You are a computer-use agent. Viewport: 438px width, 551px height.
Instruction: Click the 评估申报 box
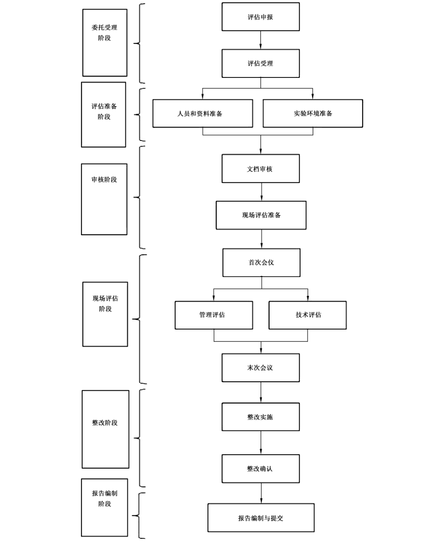click(x=261, y=17)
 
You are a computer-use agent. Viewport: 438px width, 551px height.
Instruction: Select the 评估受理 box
click(x=261, y=63)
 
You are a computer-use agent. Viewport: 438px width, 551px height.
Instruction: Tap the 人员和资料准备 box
click(x=203, y=113)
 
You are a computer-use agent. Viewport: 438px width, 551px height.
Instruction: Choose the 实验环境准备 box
click(x=313, y=113)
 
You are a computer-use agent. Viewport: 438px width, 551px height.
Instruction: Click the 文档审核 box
click(x=261, y=168)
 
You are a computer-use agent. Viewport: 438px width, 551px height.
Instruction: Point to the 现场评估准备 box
click(x=261, y=215)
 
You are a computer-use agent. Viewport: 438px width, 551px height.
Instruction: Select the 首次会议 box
click(x=261, y=263)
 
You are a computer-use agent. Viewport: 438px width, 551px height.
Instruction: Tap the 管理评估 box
click(x=214, y=315)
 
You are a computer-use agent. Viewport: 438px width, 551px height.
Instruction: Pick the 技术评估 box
click(x=308, y=315)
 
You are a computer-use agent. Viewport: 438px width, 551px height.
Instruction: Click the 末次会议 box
click(x=261, y=368)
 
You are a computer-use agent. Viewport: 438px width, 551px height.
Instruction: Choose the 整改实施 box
click(x=261, y=417)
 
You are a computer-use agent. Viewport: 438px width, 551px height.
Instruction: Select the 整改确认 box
click(x=261, y=469)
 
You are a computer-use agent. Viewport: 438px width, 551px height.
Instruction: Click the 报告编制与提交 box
click(x=261, y=518)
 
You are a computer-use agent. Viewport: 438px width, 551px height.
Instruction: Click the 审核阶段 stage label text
click(x=104, y=179)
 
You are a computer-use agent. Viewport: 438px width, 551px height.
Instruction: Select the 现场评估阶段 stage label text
click(x=105, y=303)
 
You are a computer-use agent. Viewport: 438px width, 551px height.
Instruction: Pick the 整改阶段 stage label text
click(x=105, y=422)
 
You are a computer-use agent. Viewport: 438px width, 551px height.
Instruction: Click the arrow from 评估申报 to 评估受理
click(x=261, y=40)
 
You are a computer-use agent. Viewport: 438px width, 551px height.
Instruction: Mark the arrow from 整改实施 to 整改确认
click(x=261, y=443)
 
